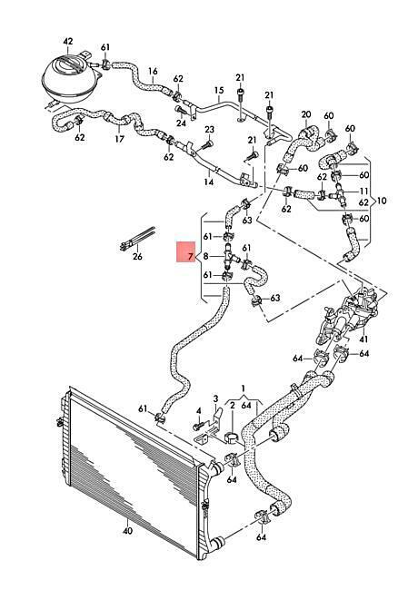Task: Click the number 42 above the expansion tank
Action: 68,42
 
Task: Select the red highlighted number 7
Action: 191,257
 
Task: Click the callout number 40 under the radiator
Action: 127,532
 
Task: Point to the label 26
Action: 137,257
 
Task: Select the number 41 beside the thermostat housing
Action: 363,339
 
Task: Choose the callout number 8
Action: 205,256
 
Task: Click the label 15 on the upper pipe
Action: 219,90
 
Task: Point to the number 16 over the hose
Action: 153,71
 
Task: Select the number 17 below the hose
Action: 119,139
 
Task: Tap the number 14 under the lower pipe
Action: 209,182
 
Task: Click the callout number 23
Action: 209,130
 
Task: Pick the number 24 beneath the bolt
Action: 181,123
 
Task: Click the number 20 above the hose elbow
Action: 306,114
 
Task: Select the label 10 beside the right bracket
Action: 382,201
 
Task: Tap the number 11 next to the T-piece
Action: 363,191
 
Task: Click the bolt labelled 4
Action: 198,426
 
